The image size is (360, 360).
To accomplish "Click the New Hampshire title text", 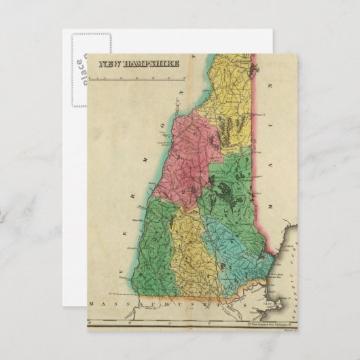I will tap(139, 64).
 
